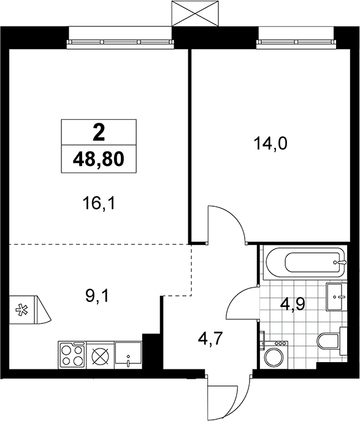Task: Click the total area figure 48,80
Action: pos(99,160)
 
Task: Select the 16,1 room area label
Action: pos(99,204)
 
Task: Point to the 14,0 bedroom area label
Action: pos(270,144)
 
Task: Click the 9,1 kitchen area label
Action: pos(97,296)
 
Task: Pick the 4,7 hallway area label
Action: pos(210,339)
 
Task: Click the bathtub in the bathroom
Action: pos(305,262)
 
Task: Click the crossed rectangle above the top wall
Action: pos(195,13)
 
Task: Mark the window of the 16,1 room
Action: pos(121,42)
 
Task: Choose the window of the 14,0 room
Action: pos(296,42)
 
